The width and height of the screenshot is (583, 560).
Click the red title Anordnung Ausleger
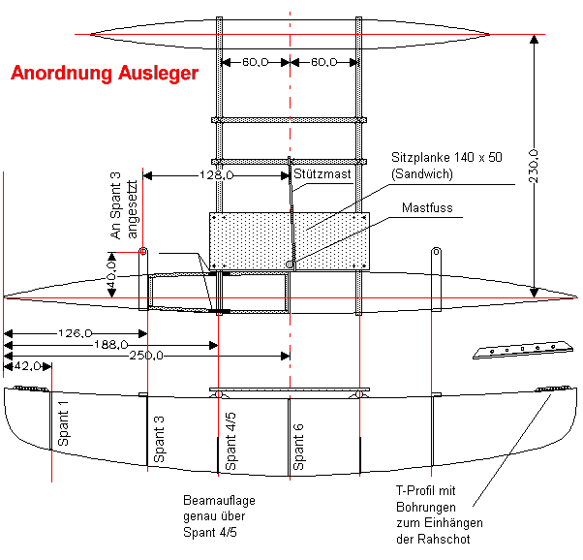tap(104, 73)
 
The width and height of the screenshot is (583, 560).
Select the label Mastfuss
tap(426, 207)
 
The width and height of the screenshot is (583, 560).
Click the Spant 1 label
tap(64, 423)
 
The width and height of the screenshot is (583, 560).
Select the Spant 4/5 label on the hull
tap(230, 445)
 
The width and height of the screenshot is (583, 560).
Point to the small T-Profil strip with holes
tap(518, 350)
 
